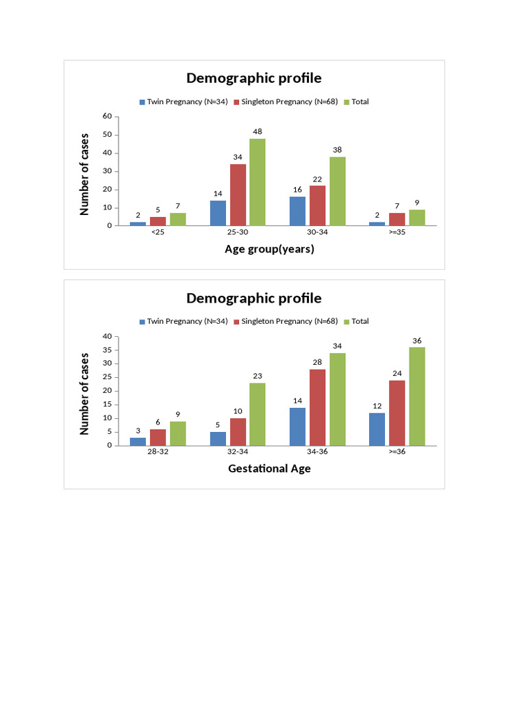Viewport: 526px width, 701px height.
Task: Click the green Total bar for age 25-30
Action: coord(258,182)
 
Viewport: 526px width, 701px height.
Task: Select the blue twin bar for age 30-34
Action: coord(297,211)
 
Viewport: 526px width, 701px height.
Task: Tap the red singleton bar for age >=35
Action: coord(397,219)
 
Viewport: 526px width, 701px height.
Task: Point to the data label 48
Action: coord(258,131)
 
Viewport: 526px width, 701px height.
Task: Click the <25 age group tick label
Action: coord(158,232)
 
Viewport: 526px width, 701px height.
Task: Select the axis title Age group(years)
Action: coord(269,249)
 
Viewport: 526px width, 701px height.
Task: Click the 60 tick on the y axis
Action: coord(107,116)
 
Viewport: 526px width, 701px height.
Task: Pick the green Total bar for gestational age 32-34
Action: coord(258,414)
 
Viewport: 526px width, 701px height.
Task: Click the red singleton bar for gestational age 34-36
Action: coord(317,407)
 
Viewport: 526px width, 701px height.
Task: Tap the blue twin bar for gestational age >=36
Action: coord(377,429)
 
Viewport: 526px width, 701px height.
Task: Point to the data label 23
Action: coord(258,376)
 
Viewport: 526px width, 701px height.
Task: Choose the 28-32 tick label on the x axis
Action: coord(158,453)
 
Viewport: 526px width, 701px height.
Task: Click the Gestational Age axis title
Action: coord(269,469)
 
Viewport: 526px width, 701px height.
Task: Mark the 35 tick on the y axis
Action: coord(107,350)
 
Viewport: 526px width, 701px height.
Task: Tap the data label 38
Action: coord(337,150)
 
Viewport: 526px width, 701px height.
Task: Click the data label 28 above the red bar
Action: coord(317,362)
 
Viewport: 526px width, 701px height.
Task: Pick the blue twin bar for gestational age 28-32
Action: coord(138,442)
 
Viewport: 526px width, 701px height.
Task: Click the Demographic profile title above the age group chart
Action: coord(253,78)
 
